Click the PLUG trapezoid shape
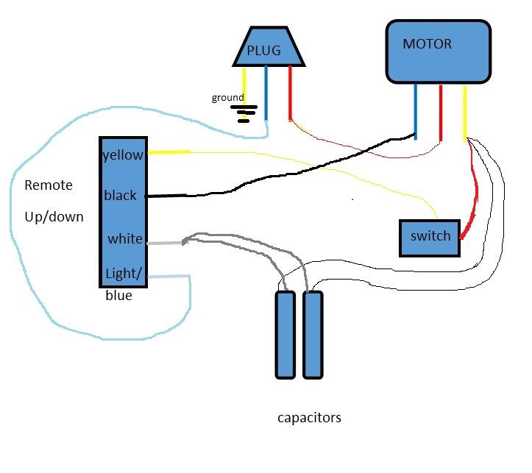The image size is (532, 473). pyautogui.click(x=269, y=46)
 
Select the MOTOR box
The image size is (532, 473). pyautogui.click(x=439, y=51)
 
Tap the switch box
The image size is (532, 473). pyautogui.click(x=430, y=238)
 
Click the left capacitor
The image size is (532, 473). pyautogui.click(x=285, y=335)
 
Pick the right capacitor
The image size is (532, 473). pyautogui.click(x=313, y=335)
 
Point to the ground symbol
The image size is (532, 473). pyautogui.click(x=244, y=114)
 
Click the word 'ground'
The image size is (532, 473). pyautogui.click(x=227, y=98)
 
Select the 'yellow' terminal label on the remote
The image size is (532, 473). pyautogui.click(x=123, y=155)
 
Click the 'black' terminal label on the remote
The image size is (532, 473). pyautogui.click(x=120, y=195)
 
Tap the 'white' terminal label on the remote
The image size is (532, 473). pyautogui.click(x=125, y=238)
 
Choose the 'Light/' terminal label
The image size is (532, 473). pyautogui.click(x=123, y=274)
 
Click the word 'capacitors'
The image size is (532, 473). pyautogui.click(x=309, y=418)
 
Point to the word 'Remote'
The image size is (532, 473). pyautogui.click(x=49, y=185)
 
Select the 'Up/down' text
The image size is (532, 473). pyautogui.click(x=54, y=217)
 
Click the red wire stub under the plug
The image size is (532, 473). pyautogui.click(x=290, y=93)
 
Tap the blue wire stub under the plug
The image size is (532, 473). pyautogui.click(x=266, y=93)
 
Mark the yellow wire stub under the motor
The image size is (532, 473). pyautogui.click(x=465, y=113)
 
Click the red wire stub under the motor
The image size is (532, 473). pyautogui.click(x=441, y=113)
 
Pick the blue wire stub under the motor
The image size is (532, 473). pyautogui.click(x=416, y=112)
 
